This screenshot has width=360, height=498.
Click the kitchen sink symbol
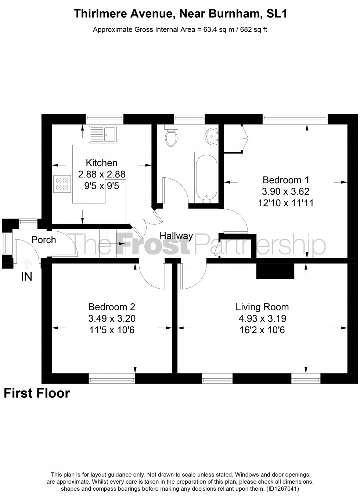tap(102, 134)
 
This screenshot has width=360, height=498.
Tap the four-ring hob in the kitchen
tap(62, 184)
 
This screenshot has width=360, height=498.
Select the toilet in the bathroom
tap(171, 136)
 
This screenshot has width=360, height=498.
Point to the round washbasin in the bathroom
tap(212, 136)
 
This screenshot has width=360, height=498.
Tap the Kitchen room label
tap(101, 163)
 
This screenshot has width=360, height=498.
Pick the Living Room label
tap(262, 307)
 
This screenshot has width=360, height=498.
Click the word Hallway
tap(176, 236)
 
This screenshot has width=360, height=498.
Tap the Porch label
tap(44, 240)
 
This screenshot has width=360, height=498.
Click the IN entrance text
tap(26, 277)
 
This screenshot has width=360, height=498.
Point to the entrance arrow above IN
tap(26, 263)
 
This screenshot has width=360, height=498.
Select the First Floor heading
tap(37, 393)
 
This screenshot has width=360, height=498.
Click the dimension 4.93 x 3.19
tap(262, 318)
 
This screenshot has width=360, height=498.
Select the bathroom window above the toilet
tap(189, 118)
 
